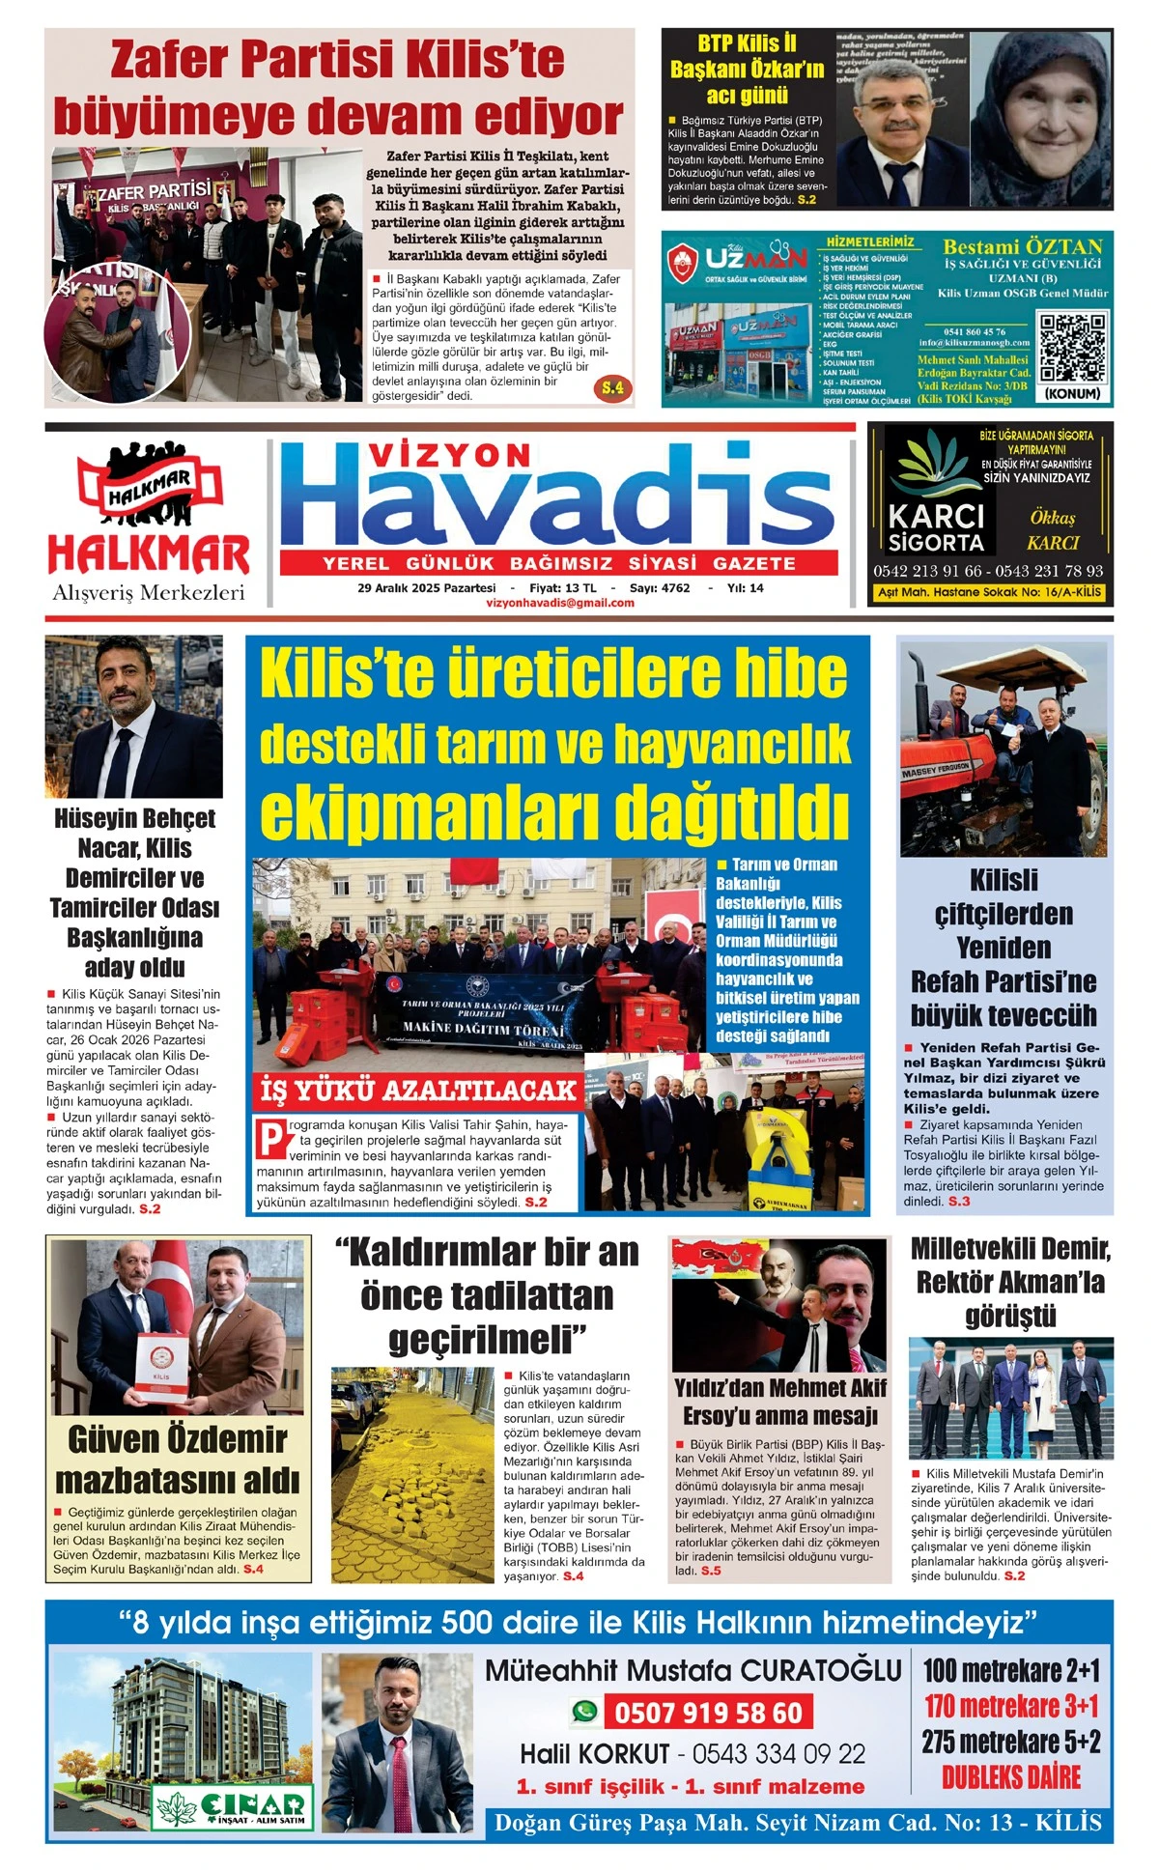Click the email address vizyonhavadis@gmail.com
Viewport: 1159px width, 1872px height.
(560, 603)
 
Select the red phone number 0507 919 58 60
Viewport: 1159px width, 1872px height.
(708, 1713)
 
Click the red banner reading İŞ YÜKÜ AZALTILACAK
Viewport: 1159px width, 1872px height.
(417, 1091)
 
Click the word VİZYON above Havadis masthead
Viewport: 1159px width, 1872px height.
(450, 455)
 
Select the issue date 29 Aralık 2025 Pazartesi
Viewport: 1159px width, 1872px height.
(426, 587)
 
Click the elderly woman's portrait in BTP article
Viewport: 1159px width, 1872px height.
(1040, 118)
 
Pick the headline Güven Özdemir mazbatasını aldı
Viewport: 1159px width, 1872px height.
(179, 1460)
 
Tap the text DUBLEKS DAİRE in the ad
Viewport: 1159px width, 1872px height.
(1010, 1776)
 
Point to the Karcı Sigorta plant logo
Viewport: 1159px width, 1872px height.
(935, 464)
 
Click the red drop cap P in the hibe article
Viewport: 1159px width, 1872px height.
(271, 1137)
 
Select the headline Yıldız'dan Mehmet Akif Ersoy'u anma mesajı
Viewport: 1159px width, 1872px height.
(779, 1401)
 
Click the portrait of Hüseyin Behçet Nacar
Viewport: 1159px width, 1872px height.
(133, 716)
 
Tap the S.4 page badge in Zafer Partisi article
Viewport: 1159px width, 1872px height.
(612, 388)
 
